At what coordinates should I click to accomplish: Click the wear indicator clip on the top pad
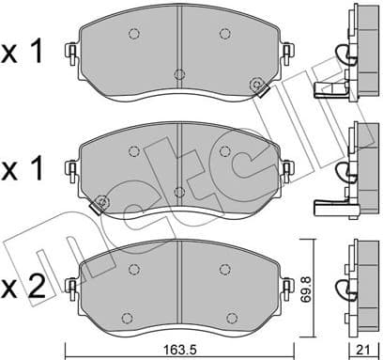tap(257, 86)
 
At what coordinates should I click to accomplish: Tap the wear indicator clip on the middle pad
tap(98, 204)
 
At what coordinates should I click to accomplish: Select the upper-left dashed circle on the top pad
tap(132, 34)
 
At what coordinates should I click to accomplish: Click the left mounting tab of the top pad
tap(71, 54)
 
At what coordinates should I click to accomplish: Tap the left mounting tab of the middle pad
tap(71, 169)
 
